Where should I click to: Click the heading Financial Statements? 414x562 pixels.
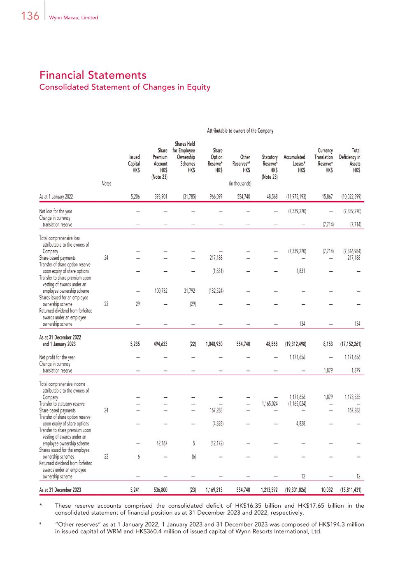tap(93, 75)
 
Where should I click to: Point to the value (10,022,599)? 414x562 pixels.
tap(351, 197)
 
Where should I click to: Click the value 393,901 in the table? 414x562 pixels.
tap(160, 197)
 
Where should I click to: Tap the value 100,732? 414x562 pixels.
tap(160, 291)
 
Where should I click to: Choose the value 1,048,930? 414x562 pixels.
tap(214, 344)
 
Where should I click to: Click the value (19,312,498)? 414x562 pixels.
tap(295, 344)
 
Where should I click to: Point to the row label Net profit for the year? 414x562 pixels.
tap(57, 357)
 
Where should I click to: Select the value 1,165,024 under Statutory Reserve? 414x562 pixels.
tap(270, 404)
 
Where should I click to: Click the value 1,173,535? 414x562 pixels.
tap(352, 397)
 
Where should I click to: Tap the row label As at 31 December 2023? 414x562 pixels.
tap(60, 490)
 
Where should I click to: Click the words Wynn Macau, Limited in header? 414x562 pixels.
tap(73, 18)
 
